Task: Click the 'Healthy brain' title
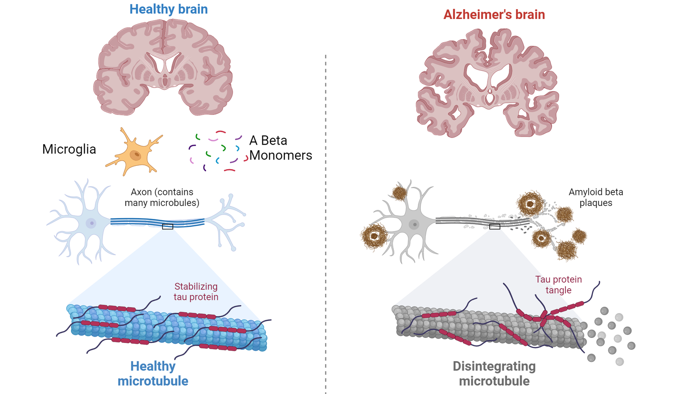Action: [x=169, y=9]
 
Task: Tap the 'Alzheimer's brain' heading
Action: [x=494, y=15]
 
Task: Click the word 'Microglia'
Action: [x=69, y=149]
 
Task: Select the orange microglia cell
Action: [x=135, y=152]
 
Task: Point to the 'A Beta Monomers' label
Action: [x=281, y=148]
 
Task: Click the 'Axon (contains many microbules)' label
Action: [x=162, y=197]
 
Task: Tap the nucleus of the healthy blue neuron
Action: [x=91, y=223]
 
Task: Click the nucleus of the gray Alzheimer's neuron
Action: [x=414, y=224]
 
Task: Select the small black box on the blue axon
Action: [x=167, y=227]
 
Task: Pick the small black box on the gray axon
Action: [x=495, y=227]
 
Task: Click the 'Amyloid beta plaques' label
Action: [x=596, y=197]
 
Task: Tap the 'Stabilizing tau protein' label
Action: [x=196, y=291]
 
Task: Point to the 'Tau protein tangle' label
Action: [x=559, y=285]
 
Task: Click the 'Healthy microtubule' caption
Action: [x=153, y=373]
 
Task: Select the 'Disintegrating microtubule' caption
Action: [x=494, y=373]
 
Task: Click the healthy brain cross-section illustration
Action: [x=163, y=67]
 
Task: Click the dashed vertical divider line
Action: [x=326, y=224]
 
